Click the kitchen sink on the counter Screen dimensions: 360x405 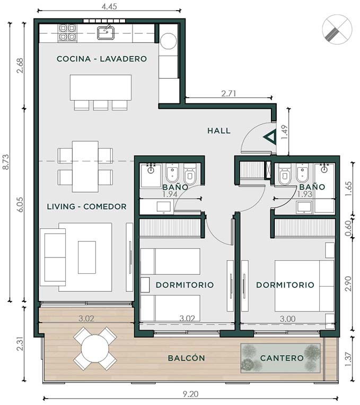click(106, 32)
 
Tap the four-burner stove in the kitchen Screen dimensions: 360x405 click(68, 32)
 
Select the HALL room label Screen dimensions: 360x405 click(219, 131)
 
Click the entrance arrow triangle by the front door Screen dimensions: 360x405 click(270, 137)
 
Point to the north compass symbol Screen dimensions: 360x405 click(337, 29)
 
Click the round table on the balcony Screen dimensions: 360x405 click(95, 348)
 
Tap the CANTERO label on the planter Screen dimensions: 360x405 click(282, 358)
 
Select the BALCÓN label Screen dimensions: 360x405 click(186, 358)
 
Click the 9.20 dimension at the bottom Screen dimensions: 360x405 click(191, 394)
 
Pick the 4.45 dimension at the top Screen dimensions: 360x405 click(109, 6)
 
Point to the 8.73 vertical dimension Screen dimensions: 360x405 click(5, 162)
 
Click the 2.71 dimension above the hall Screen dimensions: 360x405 click(229, 93)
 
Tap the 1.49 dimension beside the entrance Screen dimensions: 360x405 click(284, 133)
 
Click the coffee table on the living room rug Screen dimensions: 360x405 click(87, 257)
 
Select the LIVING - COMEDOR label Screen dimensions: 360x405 click(87, 206)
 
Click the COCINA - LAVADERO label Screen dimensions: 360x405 click(102, 59)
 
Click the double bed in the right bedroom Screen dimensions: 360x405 click(304, 286)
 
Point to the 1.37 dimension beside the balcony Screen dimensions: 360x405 click(348, 359)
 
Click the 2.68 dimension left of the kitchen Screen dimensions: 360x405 click(20, 66)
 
